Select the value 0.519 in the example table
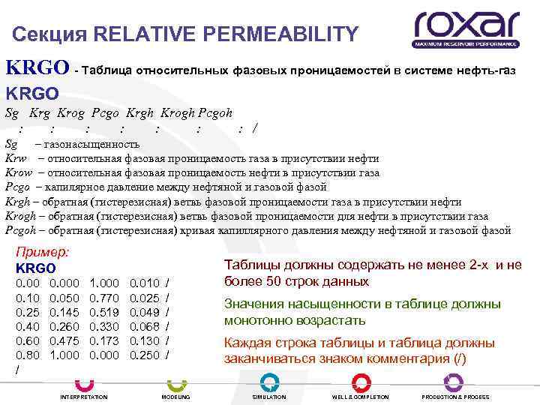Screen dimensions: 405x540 [x=103, y=311]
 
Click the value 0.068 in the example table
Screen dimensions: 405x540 [x=145, y=325]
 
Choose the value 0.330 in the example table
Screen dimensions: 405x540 [x=103, y=325]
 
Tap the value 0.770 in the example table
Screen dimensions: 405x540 [x=103, y=297]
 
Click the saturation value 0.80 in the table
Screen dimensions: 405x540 [x=26, y=354]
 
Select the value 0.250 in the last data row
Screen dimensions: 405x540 [x=145, y=354]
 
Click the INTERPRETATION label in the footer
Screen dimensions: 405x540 [x=84, y=396]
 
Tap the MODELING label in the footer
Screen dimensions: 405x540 [x=176, y=396]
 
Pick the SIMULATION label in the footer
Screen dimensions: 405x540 [x=269, y=396]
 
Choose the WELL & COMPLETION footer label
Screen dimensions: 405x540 [x=361, y=396]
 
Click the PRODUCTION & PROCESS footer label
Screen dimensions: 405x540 [x=455, y=396]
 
